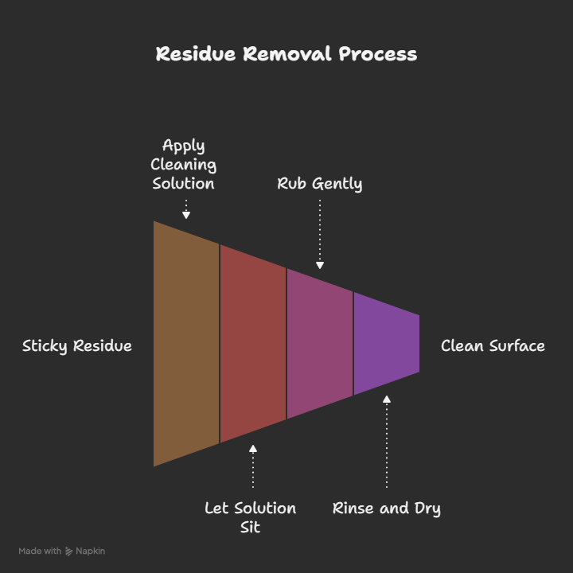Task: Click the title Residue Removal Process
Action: click(286, 54)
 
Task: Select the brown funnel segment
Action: click(186, 344)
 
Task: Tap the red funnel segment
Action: click(252, 344)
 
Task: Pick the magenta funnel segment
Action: click(319, 344)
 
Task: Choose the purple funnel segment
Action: click(386, 344)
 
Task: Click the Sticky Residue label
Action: click(77, 346)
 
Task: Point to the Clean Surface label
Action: click(493, 346)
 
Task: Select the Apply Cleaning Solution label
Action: click(184, 164)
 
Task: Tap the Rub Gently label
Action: click(319, 184)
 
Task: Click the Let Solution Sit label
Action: click(250, 517)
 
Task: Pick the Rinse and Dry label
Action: click(386, 509)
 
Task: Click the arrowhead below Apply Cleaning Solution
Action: click(186, 214)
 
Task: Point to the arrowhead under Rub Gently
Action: click(320, 266)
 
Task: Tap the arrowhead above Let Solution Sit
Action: click(253, 449)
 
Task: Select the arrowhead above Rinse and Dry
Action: click(387, 400)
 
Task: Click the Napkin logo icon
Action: click(69, 551)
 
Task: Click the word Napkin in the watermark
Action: click(92, 551)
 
